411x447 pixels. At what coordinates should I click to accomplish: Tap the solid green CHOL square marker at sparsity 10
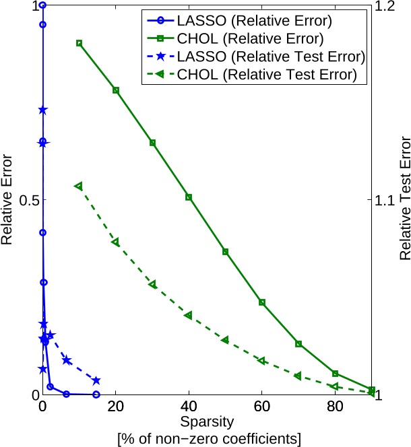tap(80, 43)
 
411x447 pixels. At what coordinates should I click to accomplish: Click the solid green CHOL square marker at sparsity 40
tap(189, 197)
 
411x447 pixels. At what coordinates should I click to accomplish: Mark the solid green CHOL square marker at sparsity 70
tap(298, 344)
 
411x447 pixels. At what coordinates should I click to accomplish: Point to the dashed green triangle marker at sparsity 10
tap(79, 186)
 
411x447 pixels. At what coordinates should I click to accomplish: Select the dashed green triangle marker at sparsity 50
tap(225, 340)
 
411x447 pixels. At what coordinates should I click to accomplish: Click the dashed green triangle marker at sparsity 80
tap(335, 386)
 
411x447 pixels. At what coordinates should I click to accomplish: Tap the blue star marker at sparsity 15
tap(96, 380)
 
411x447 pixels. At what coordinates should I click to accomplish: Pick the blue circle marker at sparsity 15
tap(96, 394)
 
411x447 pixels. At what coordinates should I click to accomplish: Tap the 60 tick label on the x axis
tap(261, 407)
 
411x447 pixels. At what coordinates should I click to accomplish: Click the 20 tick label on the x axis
tap(116, 407)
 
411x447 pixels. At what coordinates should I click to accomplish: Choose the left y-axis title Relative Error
tap(9, 200)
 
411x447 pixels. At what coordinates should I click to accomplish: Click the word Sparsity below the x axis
tap(207, 423)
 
